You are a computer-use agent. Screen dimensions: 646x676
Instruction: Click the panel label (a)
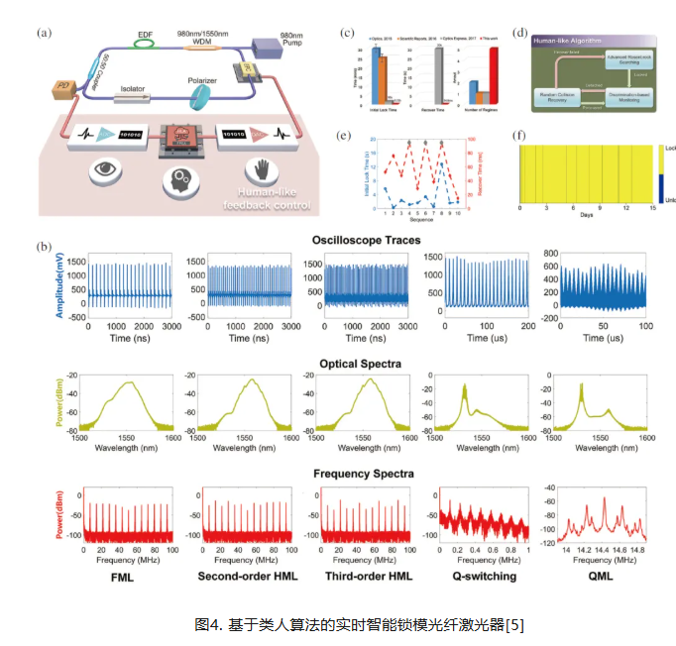coord(43,33)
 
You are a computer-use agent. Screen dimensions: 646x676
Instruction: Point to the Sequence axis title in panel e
coord(406,224)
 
